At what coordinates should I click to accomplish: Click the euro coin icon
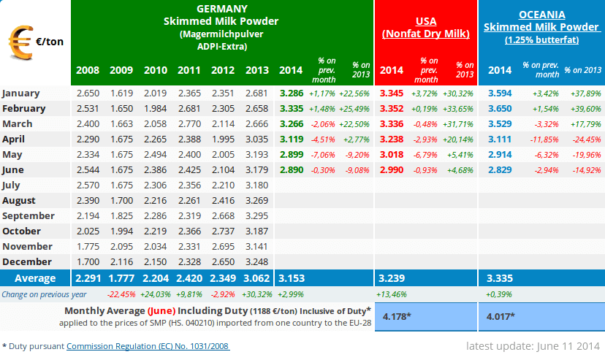19,41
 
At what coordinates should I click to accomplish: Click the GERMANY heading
221,9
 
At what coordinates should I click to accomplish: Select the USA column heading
426,21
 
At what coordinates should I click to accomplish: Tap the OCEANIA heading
541,15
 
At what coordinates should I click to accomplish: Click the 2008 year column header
88,70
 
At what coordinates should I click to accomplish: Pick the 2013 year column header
256,70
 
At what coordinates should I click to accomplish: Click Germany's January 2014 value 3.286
292,93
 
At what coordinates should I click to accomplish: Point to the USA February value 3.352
392,109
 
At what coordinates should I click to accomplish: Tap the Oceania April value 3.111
500,139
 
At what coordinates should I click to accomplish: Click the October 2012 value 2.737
223,231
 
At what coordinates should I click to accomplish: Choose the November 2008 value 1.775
88,246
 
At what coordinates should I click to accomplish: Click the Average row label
36,278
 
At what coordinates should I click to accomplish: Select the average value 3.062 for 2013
256,278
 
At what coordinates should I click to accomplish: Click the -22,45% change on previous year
121,294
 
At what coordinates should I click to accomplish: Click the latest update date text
533,345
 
